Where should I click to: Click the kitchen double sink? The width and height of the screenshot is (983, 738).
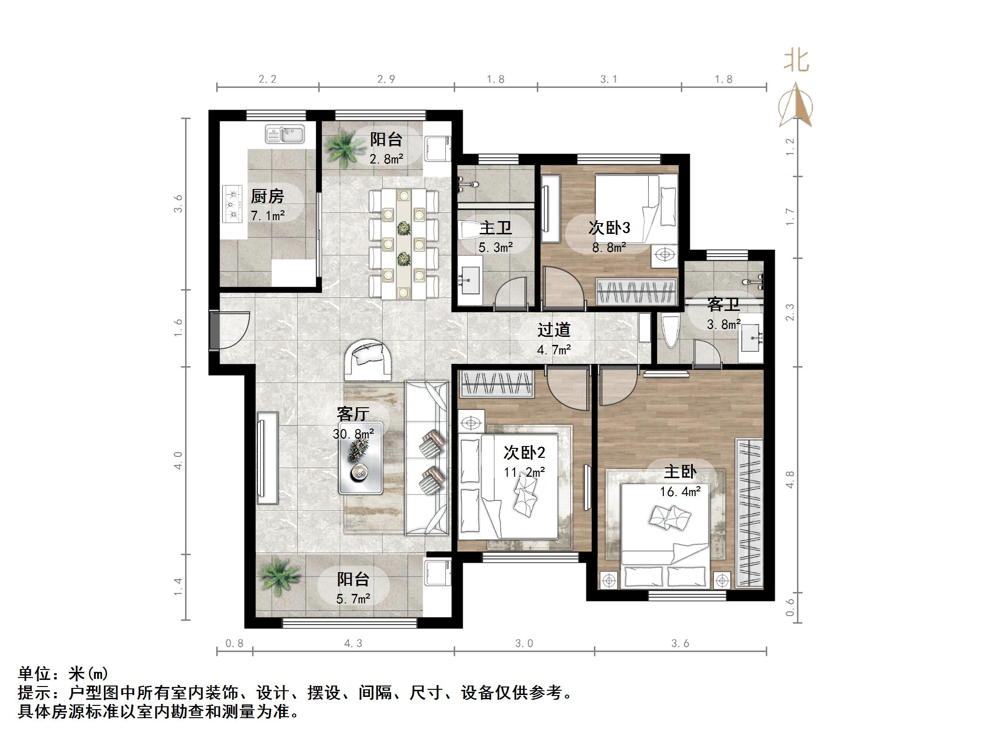285,134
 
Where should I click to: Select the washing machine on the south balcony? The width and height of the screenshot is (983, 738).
437,572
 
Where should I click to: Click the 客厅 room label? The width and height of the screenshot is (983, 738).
353,414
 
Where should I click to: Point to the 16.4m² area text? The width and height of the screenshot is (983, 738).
680,492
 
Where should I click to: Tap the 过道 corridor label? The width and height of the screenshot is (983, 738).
554,330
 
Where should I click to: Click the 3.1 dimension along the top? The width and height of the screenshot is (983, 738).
609,79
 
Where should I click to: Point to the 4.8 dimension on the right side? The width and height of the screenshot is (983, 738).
790,479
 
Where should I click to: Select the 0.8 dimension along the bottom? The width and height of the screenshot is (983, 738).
234,643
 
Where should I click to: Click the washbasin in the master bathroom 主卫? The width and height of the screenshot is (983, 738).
470,280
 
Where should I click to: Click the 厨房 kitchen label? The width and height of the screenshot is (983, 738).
267,196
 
